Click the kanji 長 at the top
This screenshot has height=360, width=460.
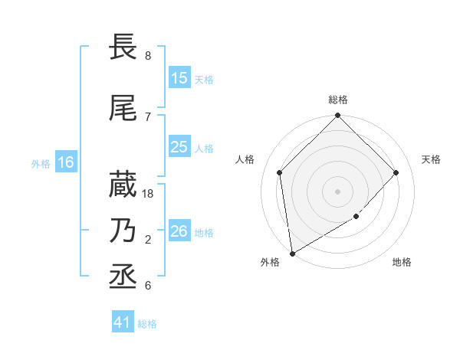point(123,47)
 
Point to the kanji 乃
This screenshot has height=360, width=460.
point(123,231)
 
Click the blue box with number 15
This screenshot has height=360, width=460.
point(179,78)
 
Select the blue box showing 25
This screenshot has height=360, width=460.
point(179,147)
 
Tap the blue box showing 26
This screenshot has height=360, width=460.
point(179,231)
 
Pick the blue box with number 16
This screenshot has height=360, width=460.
point(65,162)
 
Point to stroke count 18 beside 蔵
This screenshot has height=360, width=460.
point(149,193)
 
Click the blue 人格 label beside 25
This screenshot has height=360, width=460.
point(204,148)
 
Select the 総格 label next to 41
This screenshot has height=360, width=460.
point(147,323)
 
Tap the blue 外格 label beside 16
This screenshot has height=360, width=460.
point(41,163)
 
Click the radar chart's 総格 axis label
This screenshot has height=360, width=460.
point(338,100)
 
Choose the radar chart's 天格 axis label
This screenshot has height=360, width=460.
point(431,159)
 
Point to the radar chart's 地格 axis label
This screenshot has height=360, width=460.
point(402,263)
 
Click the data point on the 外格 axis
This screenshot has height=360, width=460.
point(292,254)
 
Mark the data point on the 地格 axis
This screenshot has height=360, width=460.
point(356,217)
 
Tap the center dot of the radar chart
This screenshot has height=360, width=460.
point(338,191)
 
